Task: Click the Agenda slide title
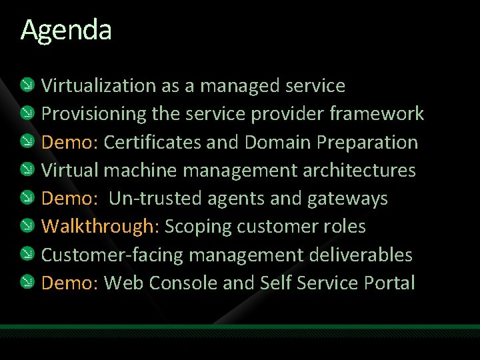click(66, 30)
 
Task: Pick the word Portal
click(389, 283)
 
